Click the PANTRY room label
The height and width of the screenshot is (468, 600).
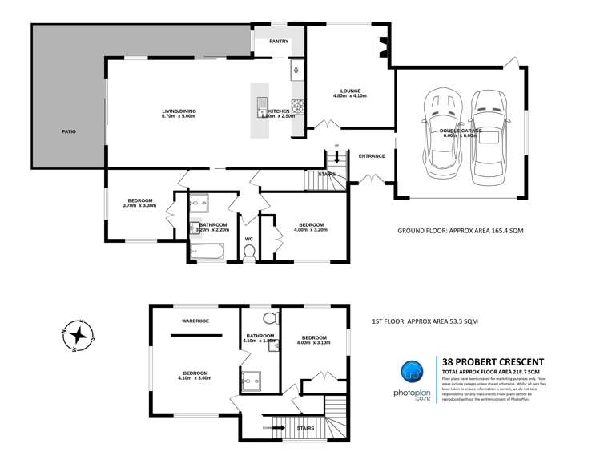click(279, 42)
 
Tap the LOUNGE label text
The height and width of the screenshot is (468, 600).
click(349, 91)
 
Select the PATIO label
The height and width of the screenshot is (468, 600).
click(69, 131)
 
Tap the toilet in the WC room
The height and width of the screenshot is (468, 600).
click(248, 252)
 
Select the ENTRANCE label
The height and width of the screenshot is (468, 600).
click(372, 156)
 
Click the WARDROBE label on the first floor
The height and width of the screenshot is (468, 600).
click(195, 321)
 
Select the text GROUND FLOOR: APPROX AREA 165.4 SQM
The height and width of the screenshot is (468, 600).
click(461, 231)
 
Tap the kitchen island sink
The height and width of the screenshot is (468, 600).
click(262, 103)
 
